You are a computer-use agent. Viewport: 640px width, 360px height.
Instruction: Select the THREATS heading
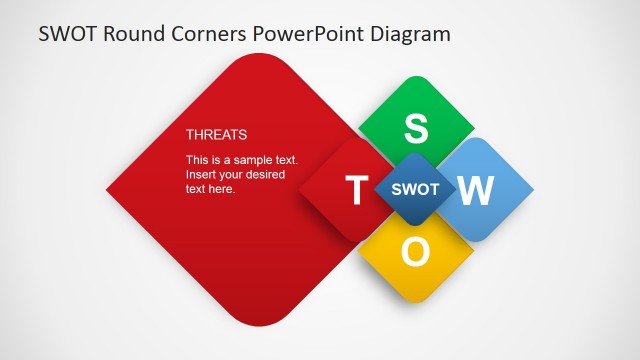pos(216,134)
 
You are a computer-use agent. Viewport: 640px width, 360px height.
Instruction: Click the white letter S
pos(415,128)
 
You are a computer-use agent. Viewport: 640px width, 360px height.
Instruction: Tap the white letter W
pos(476,190)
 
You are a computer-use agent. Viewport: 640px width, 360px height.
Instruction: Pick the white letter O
pos(415,252)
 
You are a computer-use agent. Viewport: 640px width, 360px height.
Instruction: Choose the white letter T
pos(355,190)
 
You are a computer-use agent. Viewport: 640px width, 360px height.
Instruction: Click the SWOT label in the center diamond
pos(415,189)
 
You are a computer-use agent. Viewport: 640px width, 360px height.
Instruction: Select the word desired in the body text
pos(264,175)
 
